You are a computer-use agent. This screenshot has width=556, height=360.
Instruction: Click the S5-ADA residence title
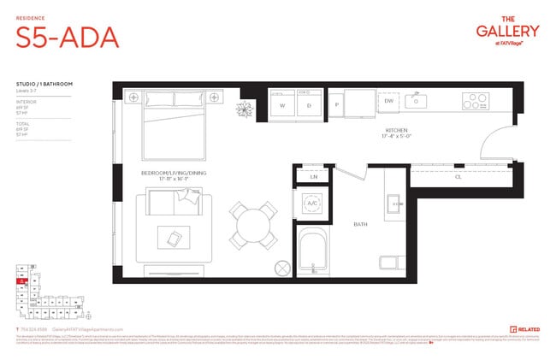coord(67,38)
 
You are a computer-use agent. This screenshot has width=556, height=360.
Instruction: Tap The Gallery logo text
coord(507,30)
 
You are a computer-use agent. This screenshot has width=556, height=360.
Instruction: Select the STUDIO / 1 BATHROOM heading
coord(44,84)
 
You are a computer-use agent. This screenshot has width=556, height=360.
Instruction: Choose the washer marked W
coord(281,106)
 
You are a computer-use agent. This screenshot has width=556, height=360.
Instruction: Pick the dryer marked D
coord(308,106)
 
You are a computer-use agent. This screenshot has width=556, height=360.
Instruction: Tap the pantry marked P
coord(338,106)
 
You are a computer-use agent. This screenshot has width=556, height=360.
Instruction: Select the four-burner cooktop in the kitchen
coord(476,101)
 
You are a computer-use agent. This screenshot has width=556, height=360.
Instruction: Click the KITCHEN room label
coord(397,130)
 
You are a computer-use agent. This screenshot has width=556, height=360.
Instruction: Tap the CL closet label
coord(459,178)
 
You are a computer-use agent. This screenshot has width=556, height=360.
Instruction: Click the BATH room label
coord(362,225)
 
